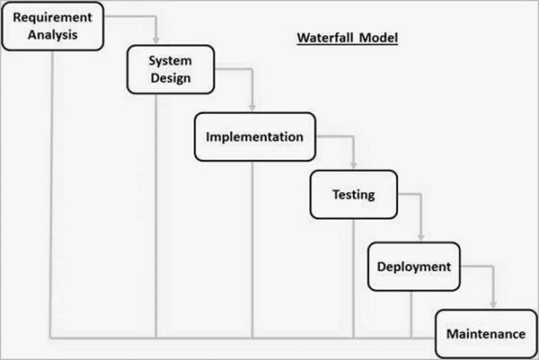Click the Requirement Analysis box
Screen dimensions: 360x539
pos(52,26)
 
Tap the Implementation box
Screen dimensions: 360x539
pos(253,137)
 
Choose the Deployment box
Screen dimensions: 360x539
pos(412,267)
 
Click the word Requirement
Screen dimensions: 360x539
pos(52,18)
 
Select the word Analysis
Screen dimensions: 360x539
pos(52,36)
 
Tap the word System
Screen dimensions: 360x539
pos(171,60)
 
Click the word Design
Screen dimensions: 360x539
pos(171,78)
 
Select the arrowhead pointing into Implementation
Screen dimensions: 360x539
pos(253,109)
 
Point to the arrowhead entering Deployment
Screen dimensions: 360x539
pos(415,239)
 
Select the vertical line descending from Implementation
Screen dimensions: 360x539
pos(252,251)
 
